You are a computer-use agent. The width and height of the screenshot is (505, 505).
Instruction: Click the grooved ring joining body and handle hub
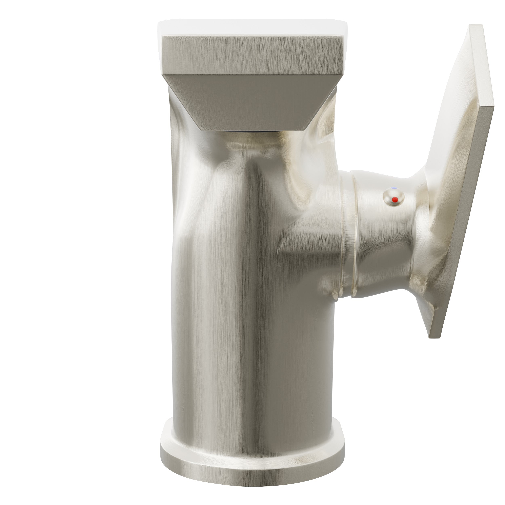[349, 235]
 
